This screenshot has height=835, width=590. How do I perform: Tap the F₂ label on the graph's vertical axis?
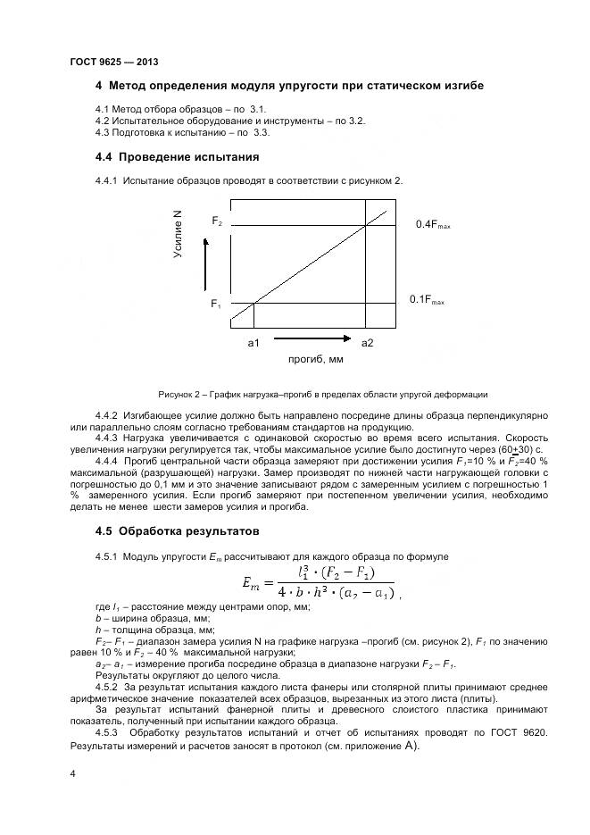click(217, 220)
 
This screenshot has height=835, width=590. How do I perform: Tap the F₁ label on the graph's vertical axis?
click(216, 304)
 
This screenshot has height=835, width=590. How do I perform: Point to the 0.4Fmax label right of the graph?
click(433, 225)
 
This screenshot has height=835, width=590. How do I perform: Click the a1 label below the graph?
click(253, 342)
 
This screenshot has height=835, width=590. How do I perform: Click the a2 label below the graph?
click(367, 342)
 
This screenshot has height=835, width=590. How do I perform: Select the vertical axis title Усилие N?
click(179, 234)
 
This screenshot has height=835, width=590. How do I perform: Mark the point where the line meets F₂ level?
click(367, 225)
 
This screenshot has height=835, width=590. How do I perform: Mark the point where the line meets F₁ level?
click(254, 304)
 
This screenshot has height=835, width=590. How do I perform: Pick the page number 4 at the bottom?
click(72, 774)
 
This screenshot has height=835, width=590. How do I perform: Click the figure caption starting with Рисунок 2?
click(322, 394)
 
